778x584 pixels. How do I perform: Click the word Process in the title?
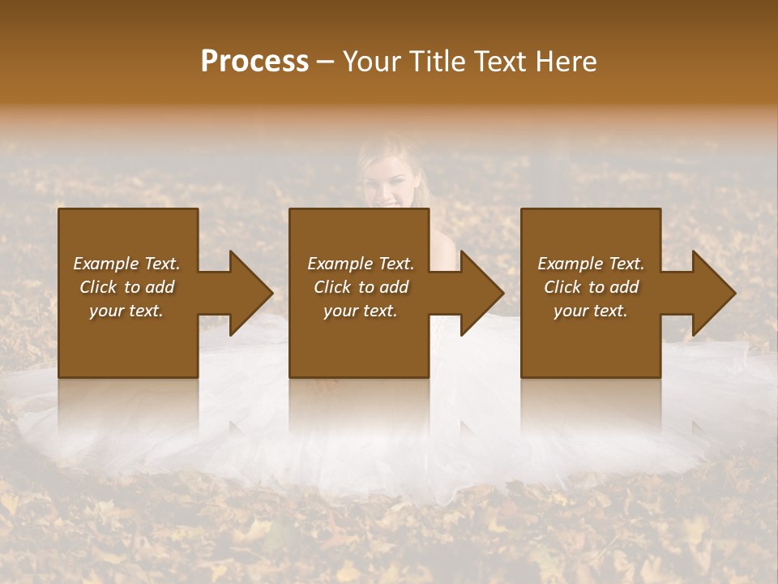254,62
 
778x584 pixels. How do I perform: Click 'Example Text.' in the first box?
126,264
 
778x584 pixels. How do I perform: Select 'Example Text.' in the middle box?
361,264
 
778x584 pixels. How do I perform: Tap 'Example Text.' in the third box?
591,264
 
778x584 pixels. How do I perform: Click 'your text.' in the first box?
126,311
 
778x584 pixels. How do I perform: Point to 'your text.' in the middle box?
361,311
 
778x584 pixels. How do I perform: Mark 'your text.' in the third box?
591,311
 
